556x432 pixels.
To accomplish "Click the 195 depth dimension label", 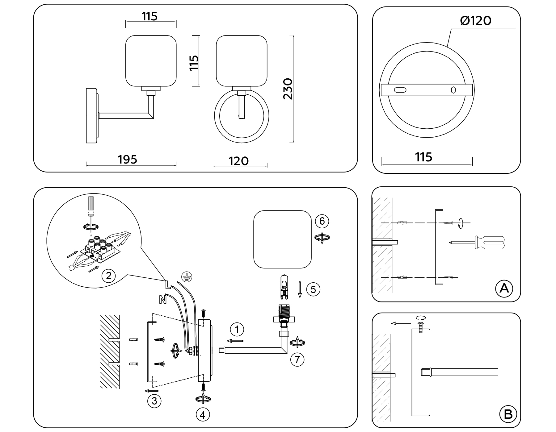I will pyautogui.click(x=127, y=160).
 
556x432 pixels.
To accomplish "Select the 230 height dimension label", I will pyautogui.click(x=288, y=89).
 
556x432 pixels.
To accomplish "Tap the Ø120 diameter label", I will pyautogui.click(x=475, y=21).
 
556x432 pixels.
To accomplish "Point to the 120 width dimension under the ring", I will pyautogui.click(x=238, y=161).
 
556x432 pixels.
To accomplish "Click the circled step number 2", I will pyautogui.click(x=108, y=276).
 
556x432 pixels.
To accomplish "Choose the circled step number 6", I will pyautogui.click(x=322, y=221).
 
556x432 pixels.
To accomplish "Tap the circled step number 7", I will pyautogui.click(x=297, y=359).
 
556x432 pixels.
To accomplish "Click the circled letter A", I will pyautogui.click(x=504, y=289).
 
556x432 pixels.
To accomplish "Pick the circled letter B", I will pyautogui.click(x=508, y=414).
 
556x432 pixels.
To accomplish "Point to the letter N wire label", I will pyautogui.click(x=163, y=299).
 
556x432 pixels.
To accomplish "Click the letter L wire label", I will pyautogui.click(x=167, y=284).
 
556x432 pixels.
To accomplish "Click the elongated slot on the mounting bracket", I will pyautogui.click(x=400, y=90).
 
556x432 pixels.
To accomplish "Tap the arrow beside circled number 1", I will pyautogui.click(x=235, y=341).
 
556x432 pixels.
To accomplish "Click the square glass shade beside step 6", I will pyautogui.click(x=282, y=239).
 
